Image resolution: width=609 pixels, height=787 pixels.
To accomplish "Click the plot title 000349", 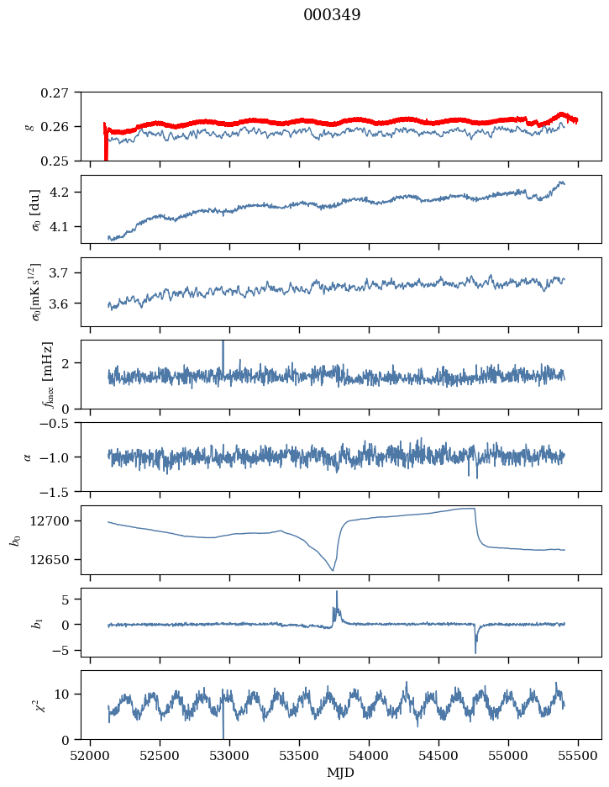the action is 332,15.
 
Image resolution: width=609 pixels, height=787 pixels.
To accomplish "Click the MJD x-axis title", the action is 340,773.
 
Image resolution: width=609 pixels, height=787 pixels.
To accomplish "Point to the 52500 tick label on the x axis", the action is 160,756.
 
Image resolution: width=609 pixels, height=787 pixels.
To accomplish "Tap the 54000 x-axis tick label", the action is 369,756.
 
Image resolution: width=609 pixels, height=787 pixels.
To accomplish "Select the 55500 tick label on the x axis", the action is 578,756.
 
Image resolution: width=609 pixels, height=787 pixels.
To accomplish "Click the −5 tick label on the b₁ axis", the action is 65,651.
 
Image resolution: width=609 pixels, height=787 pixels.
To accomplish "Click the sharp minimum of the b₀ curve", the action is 333,570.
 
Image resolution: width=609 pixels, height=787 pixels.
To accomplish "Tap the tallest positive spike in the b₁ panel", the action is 337,592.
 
